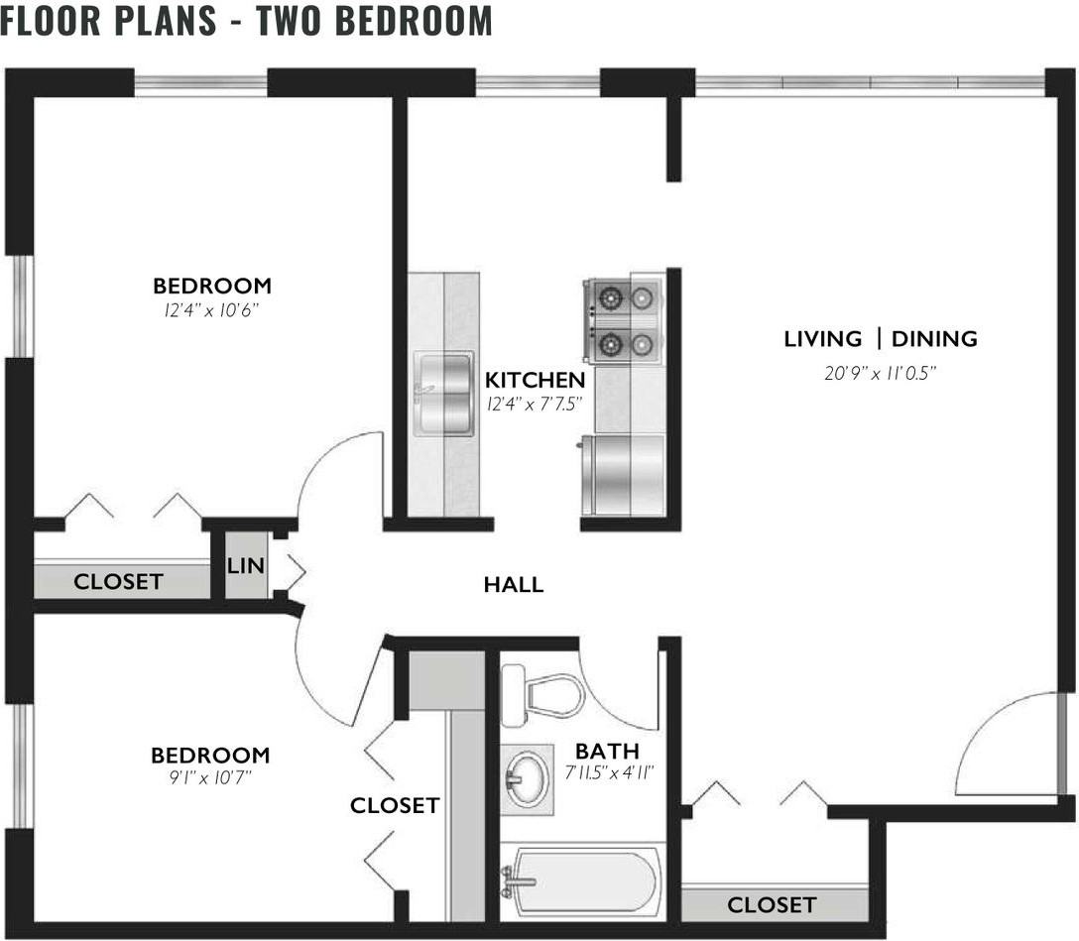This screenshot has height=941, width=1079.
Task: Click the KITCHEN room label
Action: click(535, 380)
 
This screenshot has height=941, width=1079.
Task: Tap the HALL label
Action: click(514, 585)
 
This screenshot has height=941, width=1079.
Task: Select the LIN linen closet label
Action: click(246, 565)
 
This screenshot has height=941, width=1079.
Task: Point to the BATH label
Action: click(607, 751)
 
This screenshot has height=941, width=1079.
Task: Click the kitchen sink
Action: click(444, 393)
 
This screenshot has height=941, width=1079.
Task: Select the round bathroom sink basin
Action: click(528, 778)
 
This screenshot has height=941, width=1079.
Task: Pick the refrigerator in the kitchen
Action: click(623, 475)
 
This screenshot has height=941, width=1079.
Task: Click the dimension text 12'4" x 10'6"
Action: click(211, 310)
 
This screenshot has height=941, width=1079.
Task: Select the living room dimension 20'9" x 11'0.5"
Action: click(881, 374)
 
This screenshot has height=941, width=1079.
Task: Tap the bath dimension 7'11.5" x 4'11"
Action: click(608, 772)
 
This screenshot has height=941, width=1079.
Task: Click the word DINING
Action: click(934, 338)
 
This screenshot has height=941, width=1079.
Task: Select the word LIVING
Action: click(823, 338)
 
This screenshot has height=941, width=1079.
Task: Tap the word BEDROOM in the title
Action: click(414, 20)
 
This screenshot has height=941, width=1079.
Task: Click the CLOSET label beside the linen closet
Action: click(118, 582)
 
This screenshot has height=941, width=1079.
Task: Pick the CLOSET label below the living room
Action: click(772, 905)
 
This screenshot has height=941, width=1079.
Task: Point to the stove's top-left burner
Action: click(610, 298)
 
